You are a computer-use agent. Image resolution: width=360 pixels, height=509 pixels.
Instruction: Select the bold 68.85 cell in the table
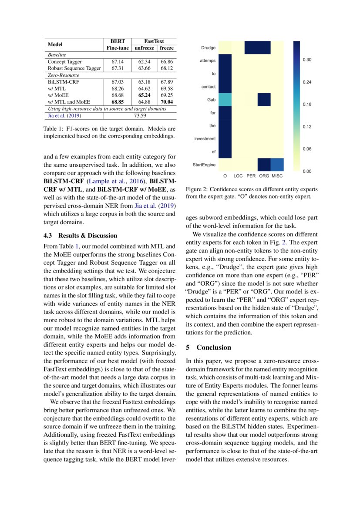pos(115,102)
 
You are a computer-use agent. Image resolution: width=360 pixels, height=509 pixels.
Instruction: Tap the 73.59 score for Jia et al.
pos(140,115)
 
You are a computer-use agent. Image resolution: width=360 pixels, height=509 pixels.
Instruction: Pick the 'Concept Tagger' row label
pos(65,62)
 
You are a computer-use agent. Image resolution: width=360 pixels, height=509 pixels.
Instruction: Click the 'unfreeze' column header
pos(144,48)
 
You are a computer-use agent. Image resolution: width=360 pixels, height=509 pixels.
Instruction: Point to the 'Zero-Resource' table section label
pos(64,75)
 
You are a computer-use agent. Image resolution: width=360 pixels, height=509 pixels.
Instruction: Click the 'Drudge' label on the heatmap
pos(208,47)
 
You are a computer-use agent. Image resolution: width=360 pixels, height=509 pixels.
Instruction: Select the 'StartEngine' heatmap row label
pos(204,165)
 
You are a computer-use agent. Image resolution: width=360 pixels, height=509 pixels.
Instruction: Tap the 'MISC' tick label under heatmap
pos(277,176)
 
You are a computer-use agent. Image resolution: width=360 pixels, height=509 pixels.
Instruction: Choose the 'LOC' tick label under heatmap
pos(238,176)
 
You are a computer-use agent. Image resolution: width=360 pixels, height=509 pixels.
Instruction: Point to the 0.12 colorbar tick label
pos(307,127)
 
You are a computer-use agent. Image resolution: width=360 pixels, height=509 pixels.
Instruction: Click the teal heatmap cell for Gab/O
pos(225,100)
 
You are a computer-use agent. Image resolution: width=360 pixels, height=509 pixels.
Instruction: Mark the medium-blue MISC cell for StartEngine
pos(277,165)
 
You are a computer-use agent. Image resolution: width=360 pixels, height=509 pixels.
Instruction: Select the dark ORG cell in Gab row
pos(264,100)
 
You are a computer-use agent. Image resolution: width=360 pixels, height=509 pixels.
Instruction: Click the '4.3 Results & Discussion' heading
pos(81,236)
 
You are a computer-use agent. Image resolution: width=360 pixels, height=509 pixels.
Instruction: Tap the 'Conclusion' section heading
pos(214,347)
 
